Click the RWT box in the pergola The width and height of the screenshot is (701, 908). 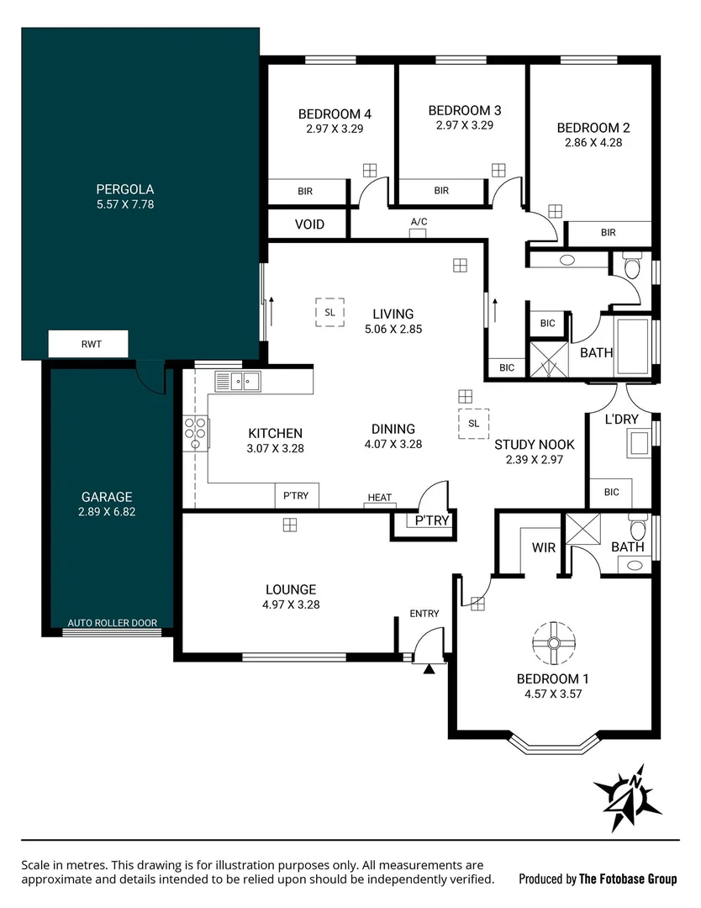[88, 343]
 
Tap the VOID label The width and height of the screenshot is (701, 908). [309, 224]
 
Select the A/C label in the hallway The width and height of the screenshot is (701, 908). [419, 222]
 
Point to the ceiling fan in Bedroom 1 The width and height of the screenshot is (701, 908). [554, 643]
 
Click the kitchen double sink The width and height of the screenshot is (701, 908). [238, 382]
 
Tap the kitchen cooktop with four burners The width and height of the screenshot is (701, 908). [195, 433]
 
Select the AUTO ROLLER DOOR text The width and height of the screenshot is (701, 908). [112, 623]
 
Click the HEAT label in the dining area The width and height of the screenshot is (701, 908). [379, 498]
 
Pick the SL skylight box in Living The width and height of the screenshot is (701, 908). [329, 312]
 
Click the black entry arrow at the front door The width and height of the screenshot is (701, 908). [430, 669]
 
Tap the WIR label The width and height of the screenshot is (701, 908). [544, 547]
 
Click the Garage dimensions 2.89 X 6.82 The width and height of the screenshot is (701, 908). [107, 510]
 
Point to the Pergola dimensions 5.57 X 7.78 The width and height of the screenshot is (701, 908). [124, 203]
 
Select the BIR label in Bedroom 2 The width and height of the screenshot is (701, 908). [608, 233]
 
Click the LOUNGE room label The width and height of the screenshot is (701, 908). [291, 589]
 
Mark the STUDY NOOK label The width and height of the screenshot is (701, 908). [534, 445]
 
